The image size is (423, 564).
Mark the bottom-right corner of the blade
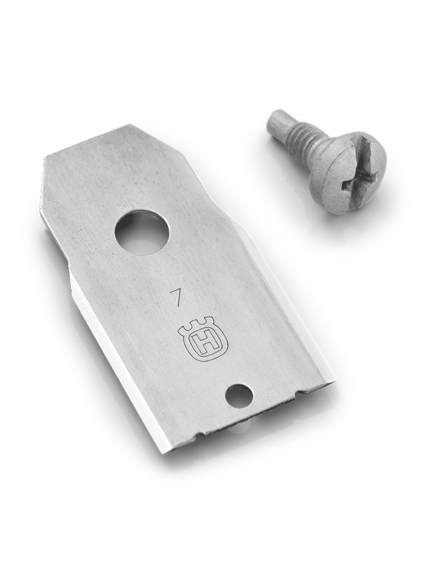337,384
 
